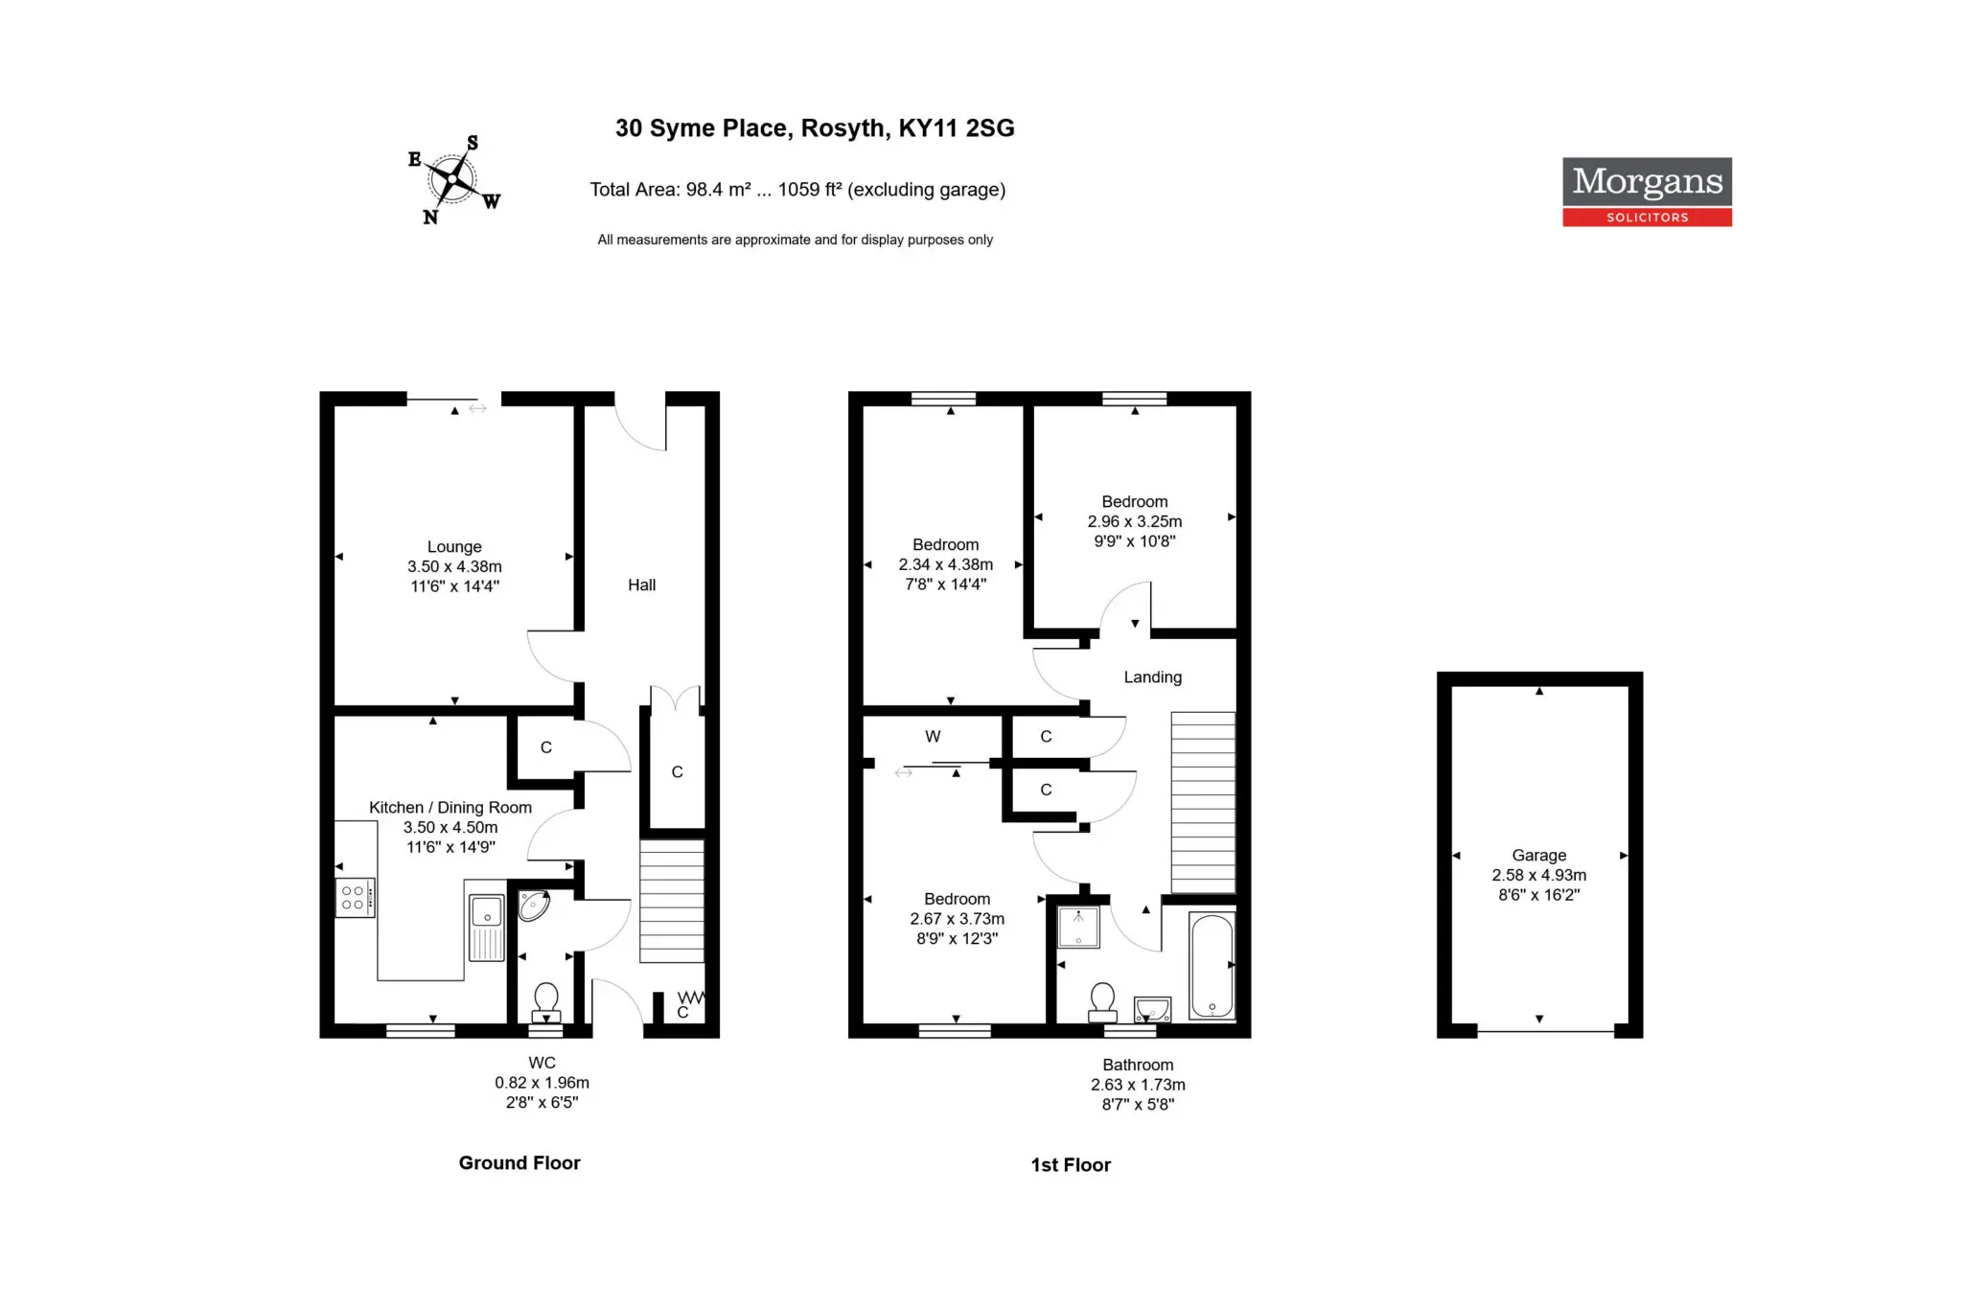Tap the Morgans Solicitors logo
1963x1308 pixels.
click(1647, 192)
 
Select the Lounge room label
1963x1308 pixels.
click(454, 547)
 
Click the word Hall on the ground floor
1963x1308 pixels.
click(641, 585)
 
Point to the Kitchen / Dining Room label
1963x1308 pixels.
click(450, 808)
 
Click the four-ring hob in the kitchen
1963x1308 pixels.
click(355, 898)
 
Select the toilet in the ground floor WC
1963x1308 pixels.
click(546, 1004)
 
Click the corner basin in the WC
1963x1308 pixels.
click(533, 906)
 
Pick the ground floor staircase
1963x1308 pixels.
click(672, 901)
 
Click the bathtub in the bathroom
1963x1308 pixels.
click(1212, 966)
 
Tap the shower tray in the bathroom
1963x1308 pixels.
click(1078, 927)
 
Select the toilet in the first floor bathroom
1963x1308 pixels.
click(1103, 1002)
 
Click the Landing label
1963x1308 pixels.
click(1153, 677)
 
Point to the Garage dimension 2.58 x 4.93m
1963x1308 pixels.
click(1539, 876)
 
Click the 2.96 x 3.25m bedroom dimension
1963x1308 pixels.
click(1135, 522)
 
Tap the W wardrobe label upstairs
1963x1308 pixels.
click(933, 737)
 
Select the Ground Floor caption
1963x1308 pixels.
click(520, 1163)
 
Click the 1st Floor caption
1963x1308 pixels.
click(1071, 1165)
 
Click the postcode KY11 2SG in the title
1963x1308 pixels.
click(957, 128)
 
